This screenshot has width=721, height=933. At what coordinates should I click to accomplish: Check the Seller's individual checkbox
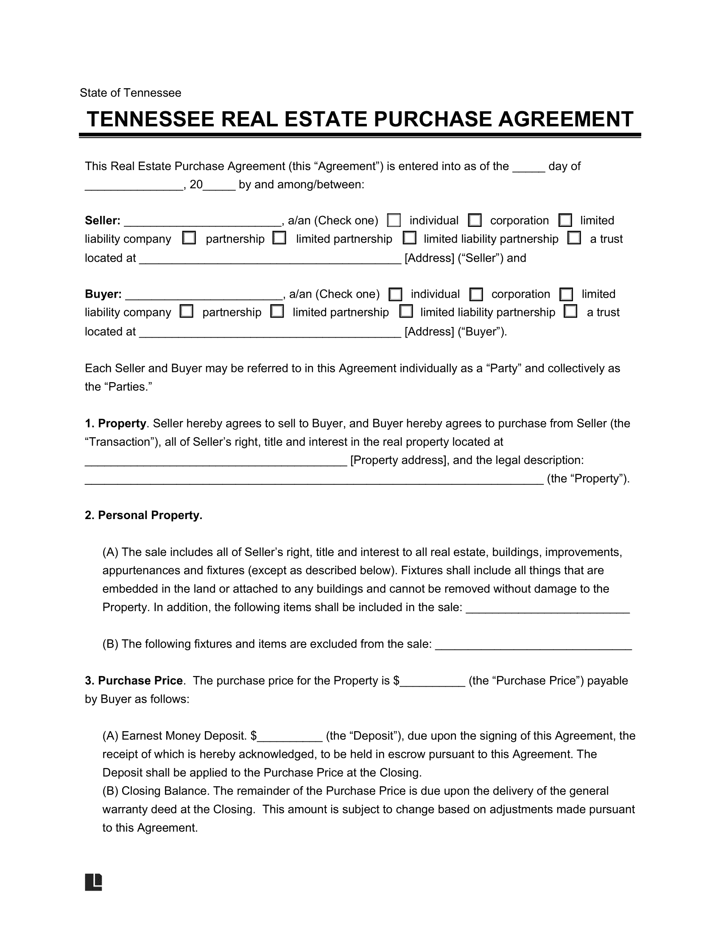click(394, 221)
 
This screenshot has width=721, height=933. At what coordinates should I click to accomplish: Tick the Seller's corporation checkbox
click(474, 221)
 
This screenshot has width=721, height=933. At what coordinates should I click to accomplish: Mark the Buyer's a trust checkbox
click(570, 312)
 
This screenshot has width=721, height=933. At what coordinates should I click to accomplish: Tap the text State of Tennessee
click(130, 93)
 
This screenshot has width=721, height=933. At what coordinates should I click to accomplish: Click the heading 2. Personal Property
click(143, 515)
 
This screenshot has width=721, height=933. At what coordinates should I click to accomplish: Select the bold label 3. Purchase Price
click(134, 681)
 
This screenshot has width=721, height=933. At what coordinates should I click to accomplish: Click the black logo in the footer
click(94, 882)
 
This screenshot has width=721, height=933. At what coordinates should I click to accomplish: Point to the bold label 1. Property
click(115, 423)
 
